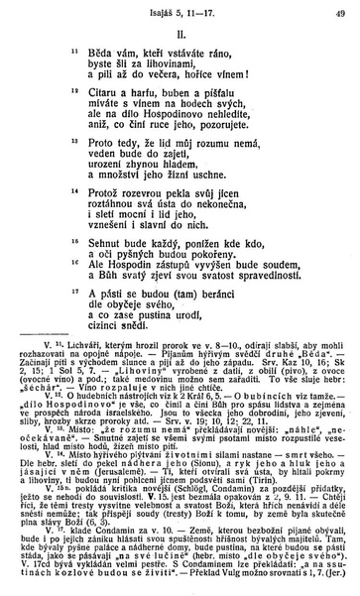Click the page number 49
339,12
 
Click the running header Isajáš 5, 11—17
180,12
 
